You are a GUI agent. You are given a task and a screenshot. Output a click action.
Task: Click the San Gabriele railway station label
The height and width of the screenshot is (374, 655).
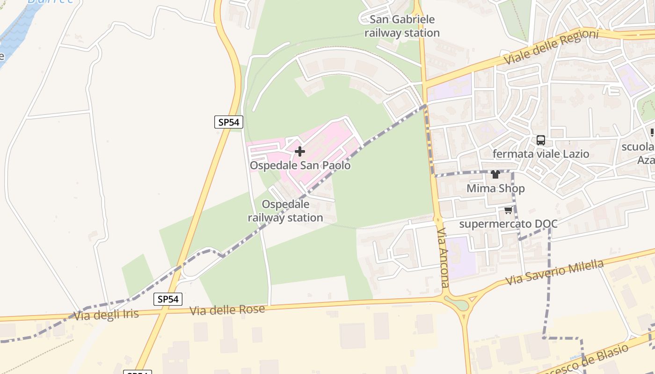(402, 26)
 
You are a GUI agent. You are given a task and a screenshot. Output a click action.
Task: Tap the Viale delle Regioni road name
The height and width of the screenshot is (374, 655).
(552, 47)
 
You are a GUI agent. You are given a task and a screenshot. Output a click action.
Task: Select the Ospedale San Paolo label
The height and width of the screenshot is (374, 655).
(300, 165)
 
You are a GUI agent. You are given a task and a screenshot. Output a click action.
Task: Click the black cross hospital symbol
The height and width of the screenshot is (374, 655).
(300, 151)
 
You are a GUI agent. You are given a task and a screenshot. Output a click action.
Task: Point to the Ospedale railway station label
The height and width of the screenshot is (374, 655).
(285, 211)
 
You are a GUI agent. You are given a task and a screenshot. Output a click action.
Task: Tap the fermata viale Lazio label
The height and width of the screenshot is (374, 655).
(541, 154)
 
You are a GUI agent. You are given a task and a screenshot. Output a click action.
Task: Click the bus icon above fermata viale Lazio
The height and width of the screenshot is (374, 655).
(541, 140)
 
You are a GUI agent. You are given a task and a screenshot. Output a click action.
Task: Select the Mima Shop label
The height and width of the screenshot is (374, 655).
(495, 188)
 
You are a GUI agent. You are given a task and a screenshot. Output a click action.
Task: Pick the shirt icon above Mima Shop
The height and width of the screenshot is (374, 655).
(495, 175)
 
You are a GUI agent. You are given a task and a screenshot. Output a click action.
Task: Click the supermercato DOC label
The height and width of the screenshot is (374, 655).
(508, 224)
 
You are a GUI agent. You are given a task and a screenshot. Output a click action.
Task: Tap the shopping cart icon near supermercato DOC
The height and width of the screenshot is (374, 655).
(508, 210)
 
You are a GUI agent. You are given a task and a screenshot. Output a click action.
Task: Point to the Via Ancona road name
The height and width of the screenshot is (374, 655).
(443, 258)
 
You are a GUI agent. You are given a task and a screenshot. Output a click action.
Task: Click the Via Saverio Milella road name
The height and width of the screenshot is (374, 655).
(555, 273)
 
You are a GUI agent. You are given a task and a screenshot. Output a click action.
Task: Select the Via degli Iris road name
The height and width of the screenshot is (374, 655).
(107, 315)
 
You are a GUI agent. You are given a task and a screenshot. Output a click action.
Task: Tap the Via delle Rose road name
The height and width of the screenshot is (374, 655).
(227, 310)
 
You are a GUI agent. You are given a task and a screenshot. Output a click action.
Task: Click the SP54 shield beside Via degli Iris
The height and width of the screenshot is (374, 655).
(168, 299)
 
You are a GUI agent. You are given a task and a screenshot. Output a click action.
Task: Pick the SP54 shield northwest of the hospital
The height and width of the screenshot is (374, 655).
(229, 122)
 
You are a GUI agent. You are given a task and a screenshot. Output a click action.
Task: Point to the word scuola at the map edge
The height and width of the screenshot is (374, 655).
(638, 147)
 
